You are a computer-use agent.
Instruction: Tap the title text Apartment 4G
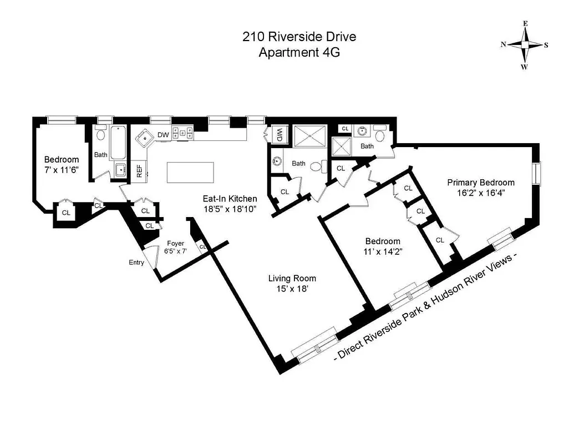point(299,53)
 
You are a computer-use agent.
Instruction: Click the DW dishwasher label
point(163,134)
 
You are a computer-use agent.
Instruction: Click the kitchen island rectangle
point(190,172)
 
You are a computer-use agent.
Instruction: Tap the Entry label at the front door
point(136,263)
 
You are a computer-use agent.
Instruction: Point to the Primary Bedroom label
point(481,183)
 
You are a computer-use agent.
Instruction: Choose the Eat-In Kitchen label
point(229,199)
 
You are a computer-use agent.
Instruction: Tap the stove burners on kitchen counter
point(182,133)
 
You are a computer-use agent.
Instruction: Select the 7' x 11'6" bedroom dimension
point(62,169)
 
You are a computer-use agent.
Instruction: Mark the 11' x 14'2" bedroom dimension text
point(382,251)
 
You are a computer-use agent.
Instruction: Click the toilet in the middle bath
point(317,166)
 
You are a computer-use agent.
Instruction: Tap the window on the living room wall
point(314,347)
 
